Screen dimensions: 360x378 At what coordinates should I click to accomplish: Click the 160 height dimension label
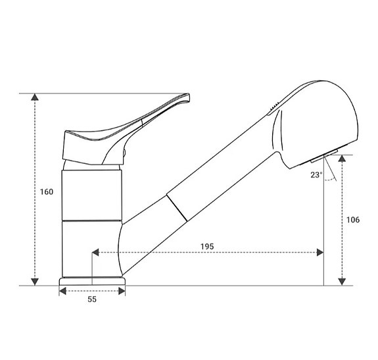tap(46, 192)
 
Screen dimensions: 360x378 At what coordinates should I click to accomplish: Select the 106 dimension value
tap(352, 220)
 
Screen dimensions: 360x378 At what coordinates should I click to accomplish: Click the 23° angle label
tap(317, 175)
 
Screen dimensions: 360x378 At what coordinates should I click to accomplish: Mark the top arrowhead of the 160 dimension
tap(35, 98)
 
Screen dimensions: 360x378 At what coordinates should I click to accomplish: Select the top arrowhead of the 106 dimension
tap(342, 160)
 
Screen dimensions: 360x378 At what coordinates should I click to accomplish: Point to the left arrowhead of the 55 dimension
tap(63, 290)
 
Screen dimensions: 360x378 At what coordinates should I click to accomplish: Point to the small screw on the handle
tap(124, 155)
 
